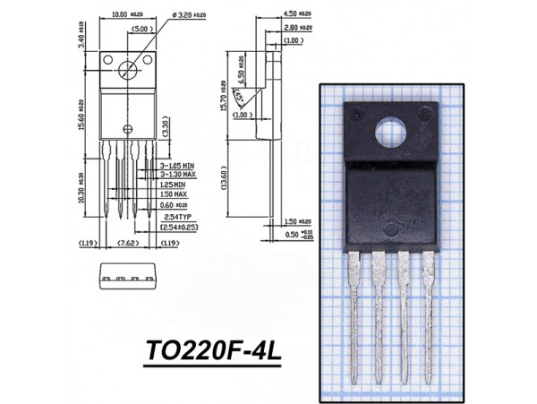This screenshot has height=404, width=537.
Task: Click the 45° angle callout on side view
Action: pyautogui.click(x=240, y=94)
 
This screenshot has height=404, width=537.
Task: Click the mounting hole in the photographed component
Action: pyautogui.click(x=390, y=133)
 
